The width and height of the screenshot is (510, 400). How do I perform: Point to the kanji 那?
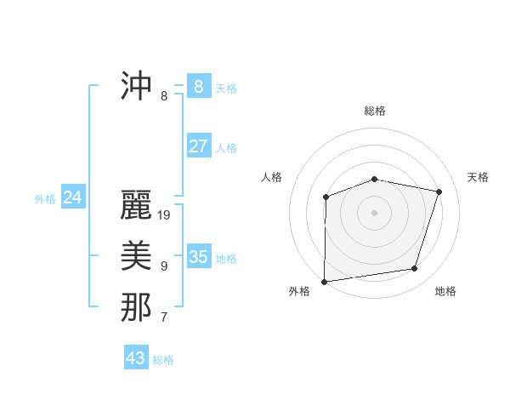coord(136,307)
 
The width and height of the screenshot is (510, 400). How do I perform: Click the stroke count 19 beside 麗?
coord(164,216)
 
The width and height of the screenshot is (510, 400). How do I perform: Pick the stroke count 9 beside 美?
coord(164,266)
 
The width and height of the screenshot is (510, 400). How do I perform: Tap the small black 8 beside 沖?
coord(164,96)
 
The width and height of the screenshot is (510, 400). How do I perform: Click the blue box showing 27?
coord(198,146)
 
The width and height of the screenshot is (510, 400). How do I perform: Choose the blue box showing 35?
coord(198,256)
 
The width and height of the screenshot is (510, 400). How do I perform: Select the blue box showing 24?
coord(72,197)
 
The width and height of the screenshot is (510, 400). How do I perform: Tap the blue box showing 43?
coord(135,358)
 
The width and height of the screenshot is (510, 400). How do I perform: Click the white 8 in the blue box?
coord(198,86)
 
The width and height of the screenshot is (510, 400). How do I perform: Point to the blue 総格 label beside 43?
coord(163,360)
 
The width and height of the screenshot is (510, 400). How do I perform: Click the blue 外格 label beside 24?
coord(45,199)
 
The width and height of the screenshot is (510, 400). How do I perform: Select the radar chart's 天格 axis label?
coord(479,177)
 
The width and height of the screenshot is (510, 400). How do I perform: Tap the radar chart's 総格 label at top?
coord(375,111)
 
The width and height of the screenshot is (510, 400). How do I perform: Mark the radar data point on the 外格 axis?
coord(324,281)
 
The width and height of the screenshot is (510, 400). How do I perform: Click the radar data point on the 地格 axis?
coord(415,269)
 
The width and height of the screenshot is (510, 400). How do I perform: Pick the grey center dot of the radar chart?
coord(374,212)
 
